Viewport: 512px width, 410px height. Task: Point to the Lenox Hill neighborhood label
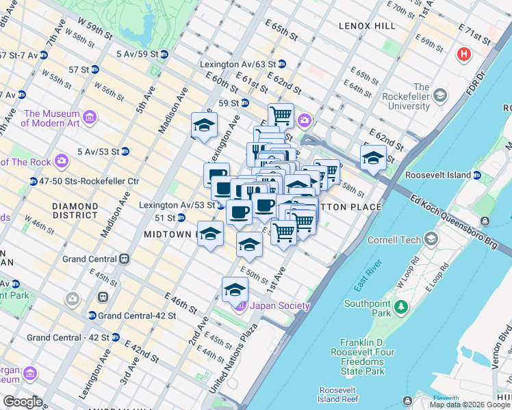coord(367,25)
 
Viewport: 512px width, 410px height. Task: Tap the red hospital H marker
coord(465,54)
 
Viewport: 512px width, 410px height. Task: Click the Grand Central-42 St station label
coord(132,316)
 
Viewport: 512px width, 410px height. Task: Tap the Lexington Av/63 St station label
coord(238,64)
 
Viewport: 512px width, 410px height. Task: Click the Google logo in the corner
coord(23,402)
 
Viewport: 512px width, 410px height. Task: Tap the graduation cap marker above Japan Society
coord(235,289)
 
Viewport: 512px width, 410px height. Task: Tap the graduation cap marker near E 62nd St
coord(373,156)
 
